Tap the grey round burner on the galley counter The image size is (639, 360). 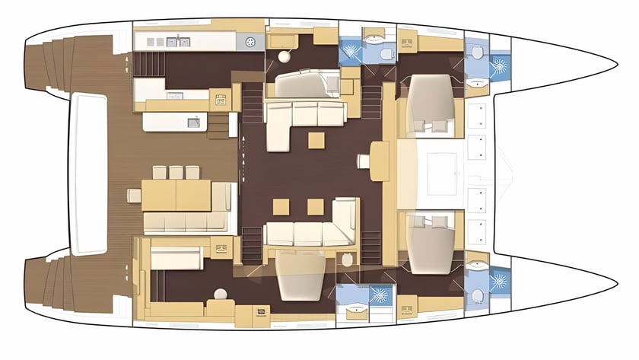click(x=250, y=41)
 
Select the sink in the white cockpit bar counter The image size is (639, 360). click(x=194, y=120)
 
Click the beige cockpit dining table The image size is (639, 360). click(x=176, y=195)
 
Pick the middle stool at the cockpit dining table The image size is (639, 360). click(x=176, y=172)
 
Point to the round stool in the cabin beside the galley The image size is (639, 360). click(x=283, y=56)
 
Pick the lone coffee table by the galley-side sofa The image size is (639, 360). click(x=316, y=140)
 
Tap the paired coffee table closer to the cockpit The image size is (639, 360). click(x=281, y=206)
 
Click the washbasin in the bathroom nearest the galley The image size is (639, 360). click(x=373, y=35)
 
